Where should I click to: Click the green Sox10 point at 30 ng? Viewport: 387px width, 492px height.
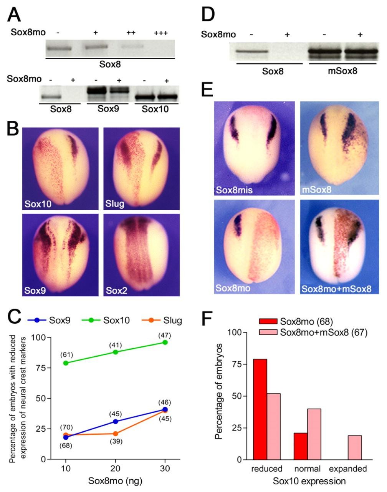coord(165,342)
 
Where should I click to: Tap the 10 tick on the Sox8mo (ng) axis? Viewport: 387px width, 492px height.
coord(66,469)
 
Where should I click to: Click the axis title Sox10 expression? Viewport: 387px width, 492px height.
coord(309,481)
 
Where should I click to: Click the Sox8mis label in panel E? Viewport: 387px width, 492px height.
coord(234,190)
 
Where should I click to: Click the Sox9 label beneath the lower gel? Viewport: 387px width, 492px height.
coord(108,109)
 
